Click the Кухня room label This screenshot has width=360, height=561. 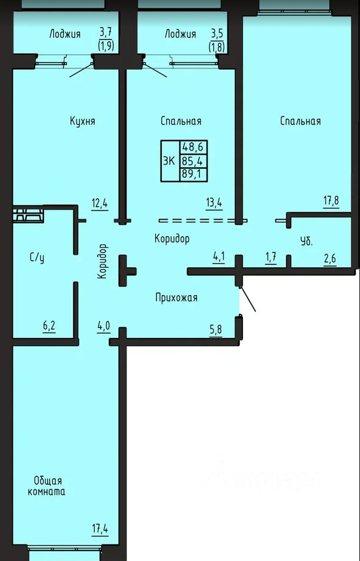click(82, 121)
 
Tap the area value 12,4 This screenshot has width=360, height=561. click(100, 203)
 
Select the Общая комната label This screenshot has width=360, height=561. click(46, 486)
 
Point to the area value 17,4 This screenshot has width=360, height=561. click(100, 529)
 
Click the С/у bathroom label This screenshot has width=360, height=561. click(37, 258)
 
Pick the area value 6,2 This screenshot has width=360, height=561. click(49, 326)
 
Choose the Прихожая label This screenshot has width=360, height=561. click(176, 297)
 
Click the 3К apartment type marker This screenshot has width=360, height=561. click(169, 161)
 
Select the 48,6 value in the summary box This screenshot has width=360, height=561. click(193, 147)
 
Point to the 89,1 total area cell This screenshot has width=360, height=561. click(193, 175)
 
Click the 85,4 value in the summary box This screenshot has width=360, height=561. click(193, 161)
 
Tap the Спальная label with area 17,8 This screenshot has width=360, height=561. click(301, 121)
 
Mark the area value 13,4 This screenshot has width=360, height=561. click(214, 203)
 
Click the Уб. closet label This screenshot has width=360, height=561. click(306, 241)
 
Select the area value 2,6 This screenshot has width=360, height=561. click(330, 258)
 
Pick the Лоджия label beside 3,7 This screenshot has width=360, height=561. click(65, 34)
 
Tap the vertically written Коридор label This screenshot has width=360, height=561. click(102, 261)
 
